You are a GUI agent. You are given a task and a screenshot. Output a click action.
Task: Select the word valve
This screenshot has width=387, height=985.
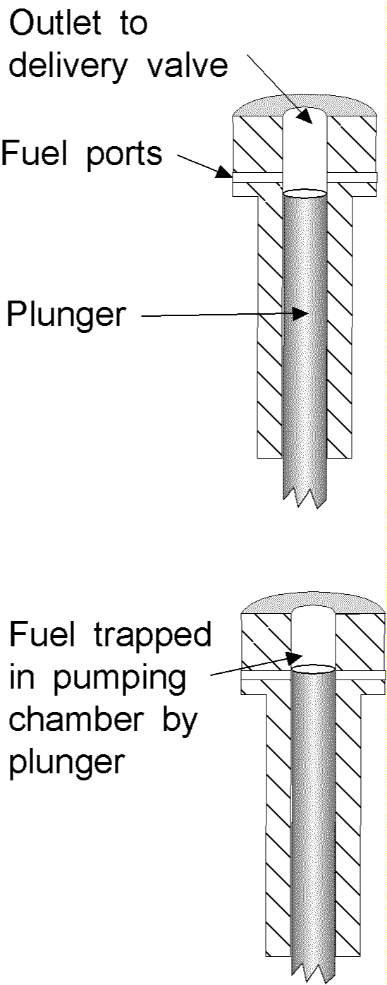pos(188,66)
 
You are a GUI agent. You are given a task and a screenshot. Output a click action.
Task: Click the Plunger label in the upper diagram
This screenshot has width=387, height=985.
pos(66,315)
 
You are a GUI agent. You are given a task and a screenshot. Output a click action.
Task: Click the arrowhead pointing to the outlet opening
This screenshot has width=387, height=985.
pos(305,116)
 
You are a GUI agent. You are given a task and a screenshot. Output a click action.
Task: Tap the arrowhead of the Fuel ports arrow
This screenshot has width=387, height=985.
pos(223,172)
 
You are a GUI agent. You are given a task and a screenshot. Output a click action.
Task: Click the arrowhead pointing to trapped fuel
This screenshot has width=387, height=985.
pos(295,658)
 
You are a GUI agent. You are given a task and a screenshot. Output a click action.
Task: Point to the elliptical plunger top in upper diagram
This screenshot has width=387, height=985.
pos(305,193)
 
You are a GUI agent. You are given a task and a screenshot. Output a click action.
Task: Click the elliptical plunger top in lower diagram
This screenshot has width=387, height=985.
pos(313,670)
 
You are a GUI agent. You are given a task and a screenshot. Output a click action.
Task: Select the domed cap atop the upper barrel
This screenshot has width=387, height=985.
pos(305,106)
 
